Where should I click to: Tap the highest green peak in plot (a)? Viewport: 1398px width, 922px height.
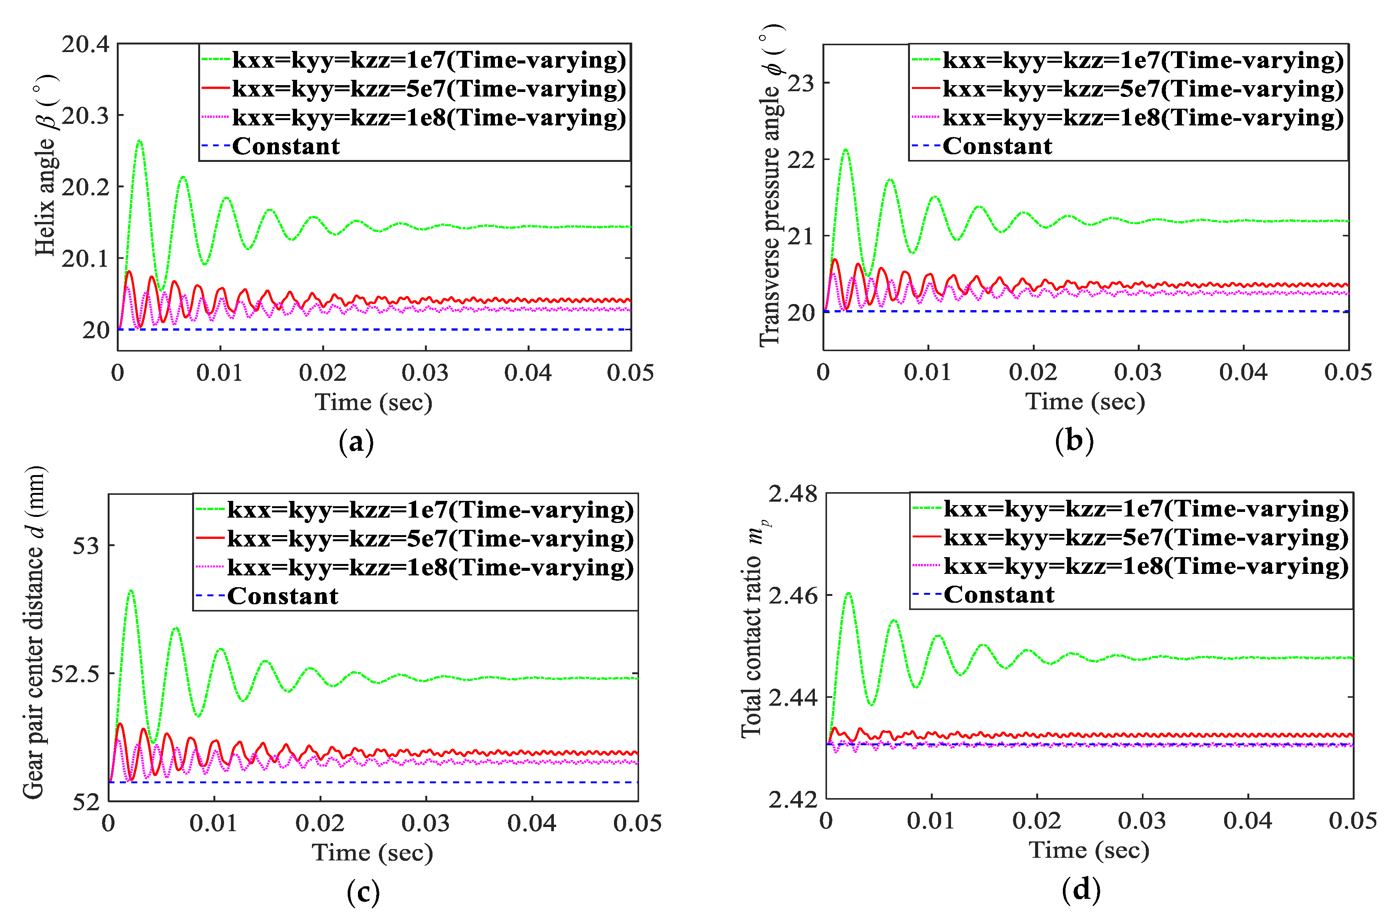click(140, 141)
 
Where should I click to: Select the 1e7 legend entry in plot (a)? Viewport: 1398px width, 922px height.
click(428, 60)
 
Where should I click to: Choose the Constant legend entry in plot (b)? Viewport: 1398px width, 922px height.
click(997, 146)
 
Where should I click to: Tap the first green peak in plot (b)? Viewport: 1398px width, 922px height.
click(846, 150)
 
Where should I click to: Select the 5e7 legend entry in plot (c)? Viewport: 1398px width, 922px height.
click(429, 539)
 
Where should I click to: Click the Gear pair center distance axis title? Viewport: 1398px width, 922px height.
click(34, 634)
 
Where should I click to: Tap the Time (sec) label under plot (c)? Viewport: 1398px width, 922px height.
click(372, 852)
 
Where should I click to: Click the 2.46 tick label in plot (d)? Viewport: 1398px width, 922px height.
click(793, 596)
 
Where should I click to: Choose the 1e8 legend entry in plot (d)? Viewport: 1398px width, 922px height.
click(1145, 566)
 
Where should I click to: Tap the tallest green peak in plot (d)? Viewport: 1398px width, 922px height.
click(848, 594)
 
